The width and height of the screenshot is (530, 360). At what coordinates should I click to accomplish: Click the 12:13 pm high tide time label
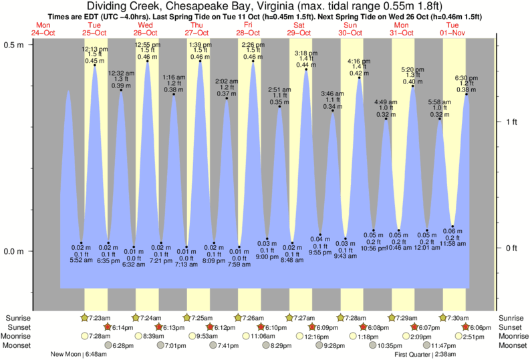click(x=94, y=49)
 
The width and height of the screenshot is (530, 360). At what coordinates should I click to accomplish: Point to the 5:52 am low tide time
click(x=81, y=260)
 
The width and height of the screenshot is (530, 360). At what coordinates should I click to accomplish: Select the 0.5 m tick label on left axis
click(x=15, y=44)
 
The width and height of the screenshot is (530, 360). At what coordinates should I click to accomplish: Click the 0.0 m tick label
click(x=15, y=251)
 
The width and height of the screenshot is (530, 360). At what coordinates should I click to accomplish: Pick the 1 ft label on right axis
click(x=511, y=122)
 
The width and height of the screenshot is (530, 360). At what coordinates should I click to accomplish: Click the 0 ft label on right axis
click(x=511, y=248)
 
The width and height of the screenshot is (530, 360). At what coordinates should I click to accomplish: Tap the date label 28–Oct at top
click(x=248, y=32)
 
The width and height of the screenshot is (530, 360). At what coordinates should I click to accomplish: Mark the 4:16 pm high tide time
click(x=359, y=61)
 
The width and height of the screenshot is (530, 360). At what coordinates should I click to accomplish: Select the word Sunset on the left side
click(x=17, y=327)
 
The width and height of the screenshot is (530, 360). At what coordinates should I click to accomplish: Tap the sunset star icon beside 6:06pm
click(x=465, y=327)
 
